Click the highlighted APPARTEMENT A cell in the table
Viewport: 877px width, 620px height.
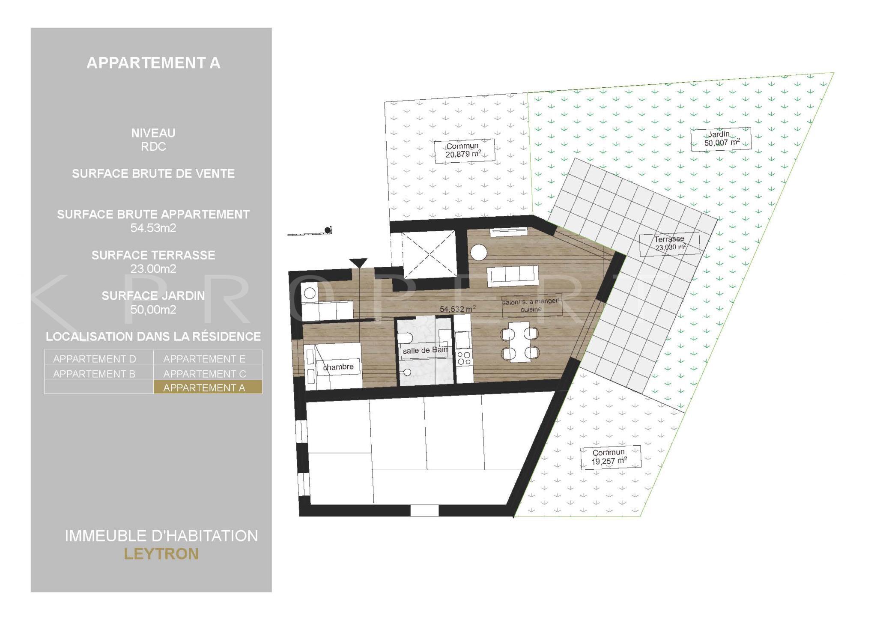208,387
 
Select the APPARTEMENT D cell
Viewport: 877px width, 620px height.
99,358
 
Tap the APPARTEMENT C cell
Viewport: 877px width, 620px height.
208,373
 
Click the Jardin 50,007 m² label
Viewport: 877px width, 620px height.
721,139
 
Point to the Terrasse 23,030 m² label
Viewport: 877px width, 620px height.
670,244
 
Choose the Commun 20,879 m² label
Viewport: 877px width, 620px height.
465,151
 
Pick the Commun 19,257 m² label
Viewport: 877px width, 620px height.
610,457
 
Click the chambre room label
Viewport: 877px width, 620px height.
338,367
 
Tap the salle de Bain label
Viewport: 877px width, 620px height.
425,350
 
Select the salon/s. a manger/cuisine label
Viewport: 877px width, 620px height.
531,305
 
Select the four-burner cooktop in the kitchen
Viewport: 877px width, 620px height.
463,358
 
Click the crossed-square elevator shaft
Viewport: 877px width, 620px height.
429,254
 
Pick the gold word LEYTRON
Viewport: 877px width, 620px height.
161,554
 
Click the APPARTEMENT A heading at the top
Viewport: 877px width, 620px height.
153,63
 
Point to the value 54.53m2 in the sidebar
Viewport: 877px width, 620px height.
153,228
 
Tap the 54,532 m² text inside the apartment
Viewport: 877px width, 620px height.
458,308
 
